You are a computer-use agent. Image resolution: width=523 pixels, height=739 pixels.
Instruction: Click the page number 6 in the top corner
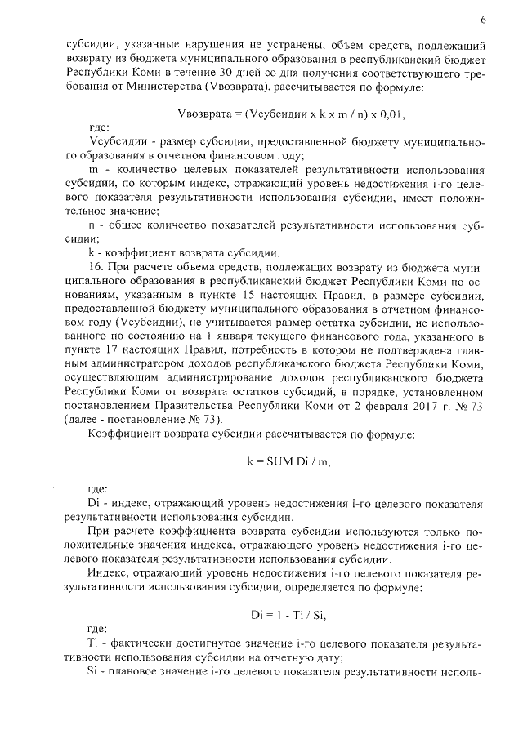point(484,19)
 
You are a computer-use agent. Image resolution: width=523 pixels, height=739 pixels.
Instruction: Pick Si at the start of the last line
point(91,674)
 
